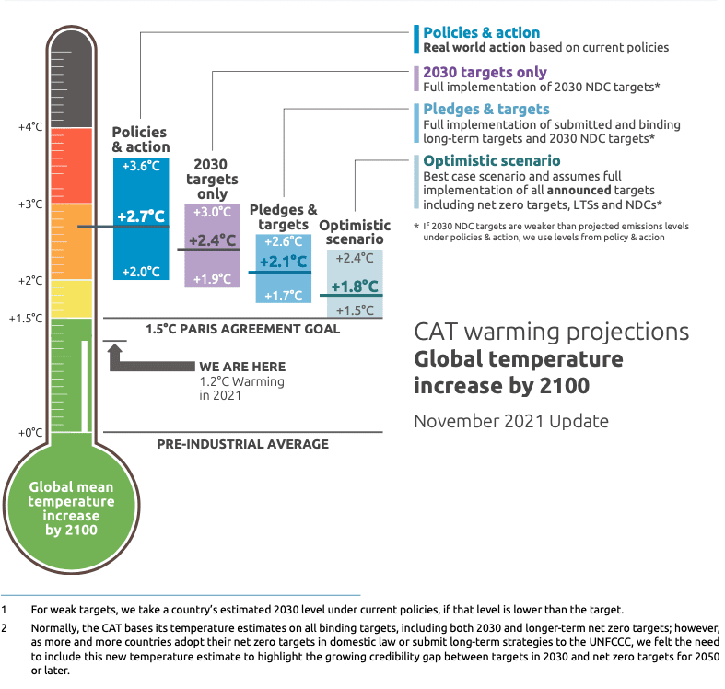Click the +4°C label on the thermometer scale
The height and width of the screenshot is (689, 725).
(x=30, y=127)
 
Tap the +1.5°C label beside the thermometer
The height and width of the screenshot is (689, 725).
(x=26, y=318)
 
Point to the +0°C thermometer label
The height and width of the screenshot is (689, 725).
(x=30, y=433)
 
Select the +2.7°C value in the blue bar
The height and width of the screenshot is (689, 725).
(x=141, y=216)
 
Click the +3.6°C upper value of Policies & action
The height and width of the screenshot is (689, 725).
(x=141, y=166)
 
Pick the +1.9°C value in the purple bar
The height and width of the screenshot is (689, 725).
(x=212, y=279)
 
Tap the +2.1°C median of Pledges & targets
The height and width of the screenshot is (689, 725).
(x=284, y=262)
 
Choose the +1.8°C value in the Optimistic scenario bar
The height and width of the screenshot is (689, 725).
(x=355, y=286)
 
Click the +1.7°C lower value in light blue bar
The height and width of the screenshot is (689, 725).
(x=284, y=296)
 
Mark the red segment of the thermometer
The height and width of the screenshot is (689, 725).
(x=71, y=166)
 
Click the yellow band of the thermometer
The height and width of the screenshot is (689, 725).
(x=71, y=298)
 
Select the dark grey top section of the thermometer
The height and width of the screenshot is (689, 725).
(x=71, y=78)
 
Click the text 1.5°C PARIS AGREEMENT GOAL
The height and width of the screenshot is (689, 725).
(x=243, y=329)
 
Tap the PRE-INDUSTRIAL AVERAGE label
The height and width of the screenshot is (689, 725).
(x=243, y=444)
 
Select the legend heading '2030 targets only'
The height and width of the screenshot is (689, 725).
(x=485, y=72)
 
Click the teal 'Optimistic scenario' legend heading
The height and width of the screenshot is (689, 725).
(x=492, y=160)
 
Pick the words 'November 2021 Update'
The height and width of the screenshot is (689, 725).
(x=511, y=421)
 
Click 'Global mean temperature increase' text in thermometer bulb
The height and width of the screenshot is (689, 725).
(x=71, y=501)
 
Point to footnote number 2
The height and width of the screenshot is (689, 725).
(x=5, y=628)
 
